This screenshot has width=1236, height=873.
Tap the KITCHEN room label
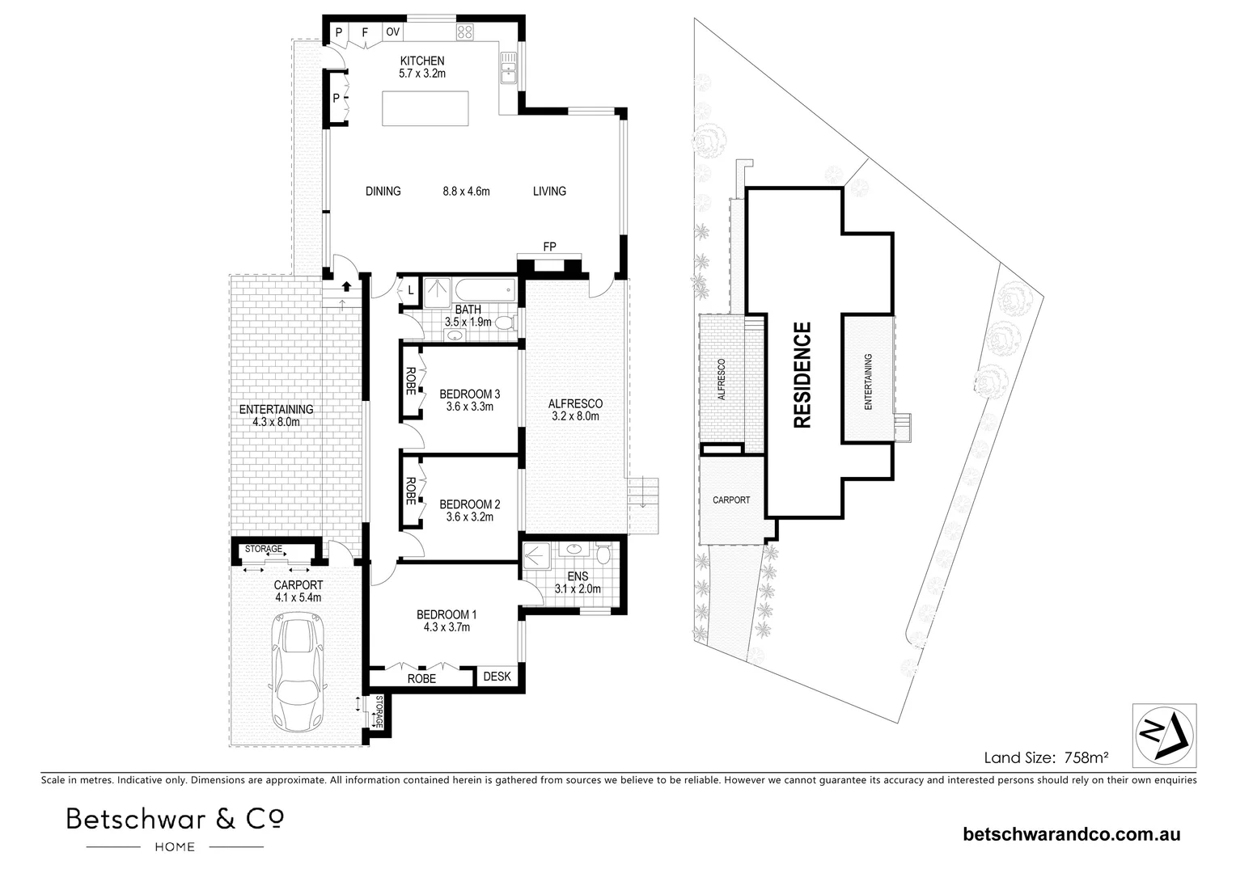pos(421,61)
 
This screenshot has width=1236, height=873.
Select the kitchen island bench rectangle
pos(425,108)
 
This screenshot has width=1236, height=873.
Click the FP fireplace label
pos(549,247)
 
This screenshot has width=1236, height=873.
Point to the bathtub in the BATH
pos(484,289)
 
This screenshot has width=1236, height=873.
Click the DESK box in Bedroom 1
pos(497,677)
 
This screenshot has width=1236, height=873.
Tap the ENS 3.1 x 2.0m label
pos(578,583)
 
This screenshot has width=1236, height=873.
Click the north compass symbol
pos(1164,734)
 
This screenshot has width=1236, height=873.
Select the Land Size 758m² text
pos(1045,758)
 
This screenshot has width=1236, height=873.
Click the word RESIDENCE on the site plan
pos(802,374)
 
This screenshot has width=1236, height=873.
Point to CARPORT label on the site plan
pos(730,500)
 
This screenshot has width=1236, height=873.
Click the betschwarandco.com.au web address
pos(1071,834)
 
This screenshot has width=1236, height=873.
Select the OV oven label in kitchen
pos(392,32)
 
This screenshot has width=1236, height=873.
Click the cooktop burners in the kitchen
pos(465,32)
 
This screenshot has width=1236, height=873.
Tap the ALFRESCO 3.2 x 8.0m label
pos(575,410)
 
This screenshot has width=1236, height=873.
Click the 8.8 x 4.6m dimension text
pos(466,192)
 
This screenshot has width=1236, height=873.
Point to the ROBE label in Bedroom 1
pos(421,679)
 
